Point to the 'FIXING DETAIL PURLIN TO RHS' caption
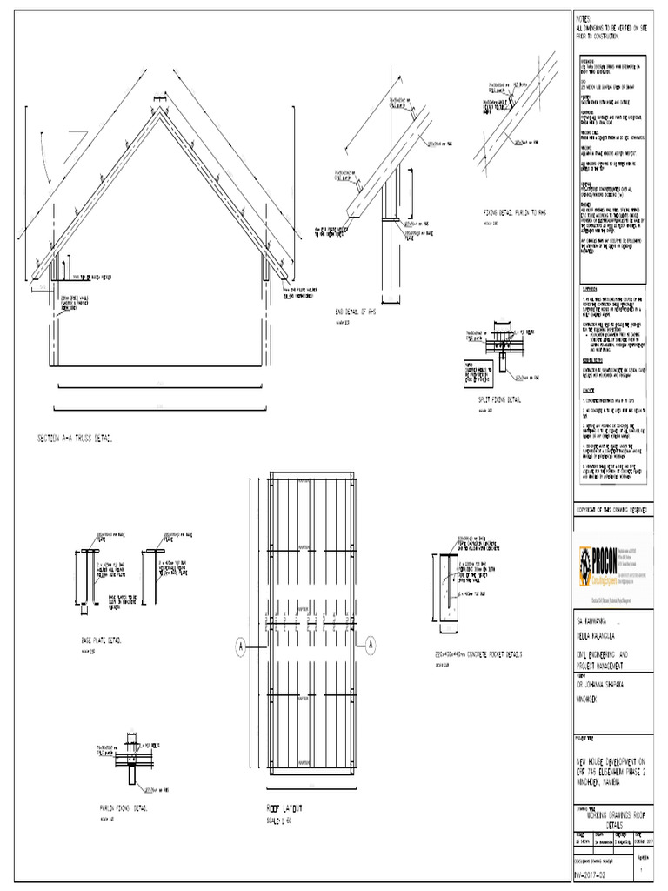pos(518,212)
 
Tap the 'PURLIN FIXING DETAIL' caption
pos(124,808)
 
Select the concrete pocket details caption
pos(479,653)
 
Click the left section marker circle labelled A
pos(239,645)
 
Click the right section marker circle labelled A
pos(371,645)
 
